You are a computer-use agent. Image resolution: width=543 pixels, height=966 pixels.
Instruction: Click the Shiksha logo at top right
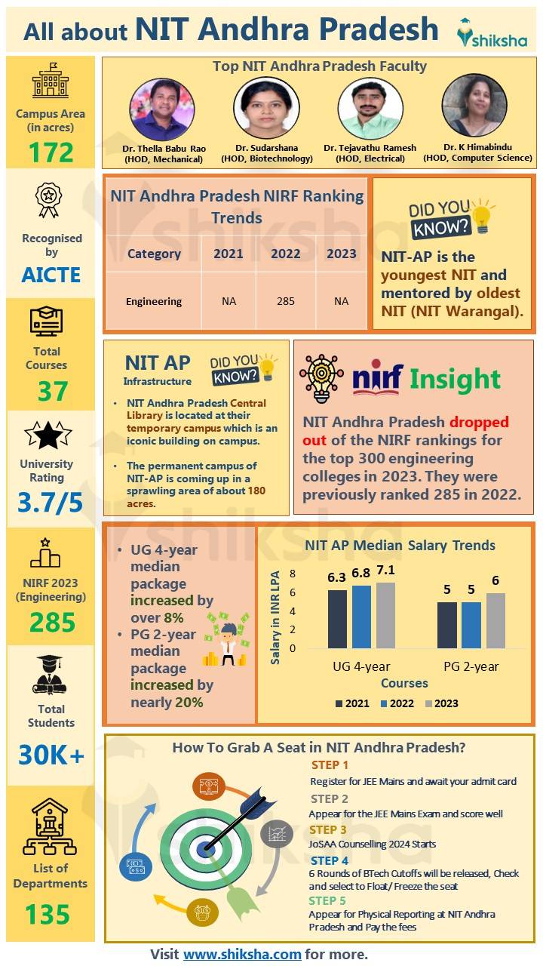pos(492,32)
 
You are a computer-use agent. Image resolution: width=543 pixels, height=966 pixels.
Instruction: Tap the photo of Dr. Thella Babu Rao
pos(162,109)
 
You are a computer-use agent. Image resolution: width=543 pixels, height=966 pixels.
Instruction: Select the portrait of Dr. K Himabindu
pos(474,106)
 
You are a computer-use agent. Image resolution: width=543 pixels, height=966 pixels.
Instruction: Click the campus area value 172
pos(51,152)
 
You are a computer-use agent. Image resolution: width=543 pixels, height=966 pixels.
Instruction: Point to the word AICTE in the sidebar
pos(51,274)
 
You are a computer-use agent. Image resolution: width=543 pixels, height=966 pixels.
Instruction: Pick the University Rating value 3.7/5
pos(51,502)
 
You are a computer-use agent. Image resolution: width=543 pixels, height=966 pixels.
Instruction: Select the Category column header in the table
pos(154,254)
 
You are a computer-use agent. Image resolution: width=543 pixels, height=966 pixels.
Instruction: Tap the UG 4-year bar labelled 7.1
pos(385,615)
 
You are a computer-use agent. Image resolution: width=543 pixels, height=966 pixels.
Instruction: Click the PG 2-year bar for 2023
pos(495,620)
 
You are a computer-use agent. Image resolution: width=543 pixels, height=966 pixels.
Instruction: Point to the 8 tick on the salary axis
pos(293,574)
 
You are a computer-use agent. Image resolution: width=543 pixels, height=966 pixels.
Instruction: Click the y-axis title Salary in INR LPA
pos(275,617)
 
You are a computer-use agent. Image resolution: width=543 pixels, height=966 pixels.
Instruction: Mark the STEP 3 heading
pos(328,830)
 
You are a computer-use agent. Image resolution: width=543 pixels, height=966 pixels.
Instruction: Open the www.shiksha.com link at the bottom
pos(242,954)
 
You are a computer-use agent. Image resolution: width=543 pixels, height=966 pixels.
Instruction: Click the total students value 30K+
pos(51,755)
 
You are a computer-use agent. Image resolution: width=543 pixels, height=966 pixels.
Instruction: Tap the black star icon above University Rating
pos(48,435)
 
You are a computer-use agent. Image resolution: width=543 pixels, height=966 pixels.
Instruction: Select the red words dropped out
pos(406,431)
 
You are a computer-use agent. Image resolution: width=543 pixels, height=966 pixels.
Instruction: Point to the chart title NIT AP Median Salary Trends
pos(400,545)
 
